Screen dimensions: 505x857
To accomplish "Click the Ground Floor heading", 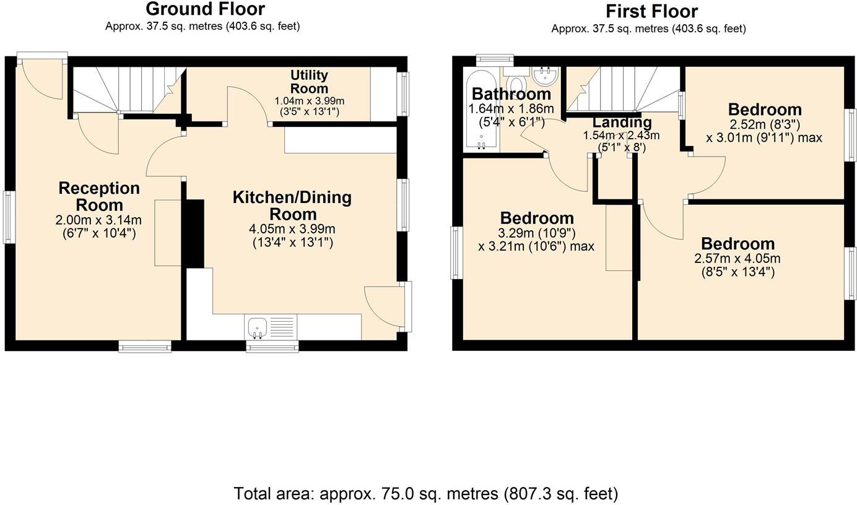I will pyautogui.click(x=205, y=9).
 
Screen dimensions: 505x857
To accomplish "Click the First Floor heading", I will pyautogui.click(x=651, y=11).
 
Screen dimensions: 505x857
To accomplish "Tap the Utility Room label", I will pyautogui.click(x=309, y=82).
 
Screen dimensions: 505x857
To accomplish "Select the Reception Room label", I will pyautogui.click(x=98, y=196).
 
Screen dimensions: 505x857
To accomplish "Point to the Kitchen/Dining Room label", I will pyautogui.click(x=292, y=205).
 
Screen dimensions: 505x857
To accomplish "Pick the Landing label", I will pyautogui.click(x=621, y=122).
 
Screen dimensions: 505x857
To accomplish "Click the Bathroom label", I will pyautogui.click(x=511, y=94).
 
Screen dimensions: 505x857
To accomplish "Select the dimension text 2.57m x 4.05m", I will pyautogui.click(x=737, y=258).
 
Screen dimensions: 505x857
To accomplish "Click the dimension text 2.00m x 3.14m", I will pyautogui.click(x=98, y=220).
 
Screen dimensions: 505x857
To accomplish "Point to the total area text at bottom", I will pyautogui.click(x=426, y=493).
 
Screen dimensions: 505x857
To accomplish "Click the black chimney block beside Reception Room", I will pyautogui.click(x=194, y=233).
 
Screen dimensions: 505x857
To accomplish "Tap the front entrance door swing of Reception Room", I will pyautogui.click(x=41, y=80).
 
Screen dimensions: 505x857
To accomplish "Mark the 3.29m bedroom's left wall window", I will pyautogui.click(x=457, y=252).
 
